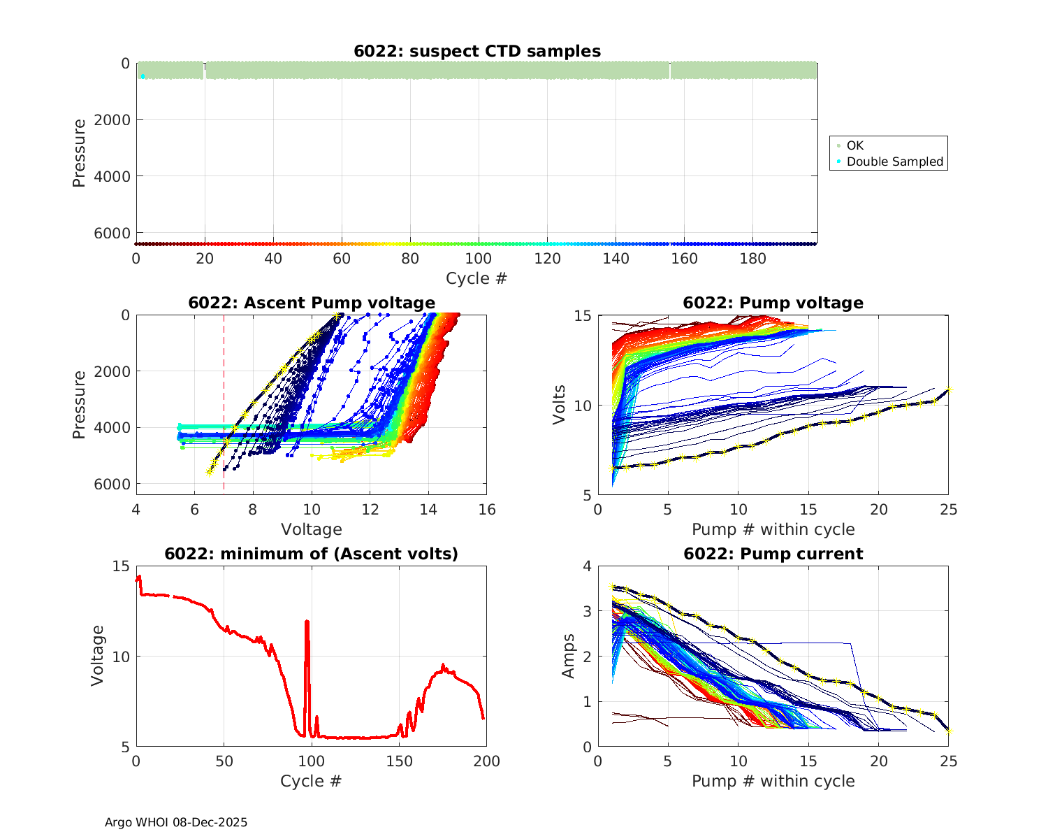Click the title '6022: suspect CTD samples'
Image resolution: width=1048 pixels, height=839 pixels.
477,51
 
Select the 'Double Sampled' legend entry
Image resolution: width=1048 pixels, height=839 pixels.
894,162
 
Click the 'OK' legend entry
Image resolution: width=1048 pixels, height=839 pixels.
854,145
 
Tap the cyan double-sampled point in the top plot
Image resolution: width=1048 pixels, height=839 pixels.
143,76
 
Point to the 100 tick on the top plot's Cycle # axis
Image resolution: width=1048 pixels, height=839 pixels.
479,259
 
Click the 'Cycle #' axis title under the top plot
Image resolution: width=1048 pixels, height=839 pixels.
476,278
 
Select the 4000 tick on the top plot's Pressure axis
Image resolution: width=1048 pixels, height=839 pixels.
111,176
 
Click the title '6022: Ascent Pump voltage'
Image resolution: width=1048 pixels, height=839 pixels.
312,303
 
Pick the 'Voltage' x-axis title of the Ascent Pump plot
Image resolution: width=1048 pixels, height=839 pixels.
311,529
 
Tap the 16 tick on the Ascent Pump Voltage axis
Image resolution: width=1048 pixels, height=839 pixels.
487,510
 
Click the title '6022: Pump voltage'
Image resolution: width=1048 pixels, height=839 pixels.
773,303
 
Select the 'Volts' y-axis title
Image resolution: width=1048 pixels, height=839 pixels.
559,405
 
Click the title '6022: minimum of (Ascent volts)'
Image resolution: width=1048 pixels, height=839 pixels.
312,554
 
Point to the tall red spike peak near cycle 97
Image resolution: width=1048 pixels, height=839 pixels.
307,621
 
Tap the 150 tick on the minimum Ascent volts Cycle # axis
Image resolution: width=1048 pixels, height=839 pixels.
400,761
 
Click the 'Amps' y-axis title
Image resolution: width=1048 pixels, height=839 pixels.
569,656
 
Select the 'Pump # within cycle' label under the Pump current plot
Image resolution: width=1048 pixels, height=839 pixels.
773,781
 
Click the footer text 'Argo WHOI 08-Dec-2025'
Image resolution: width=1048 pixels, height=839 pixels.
176,822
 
